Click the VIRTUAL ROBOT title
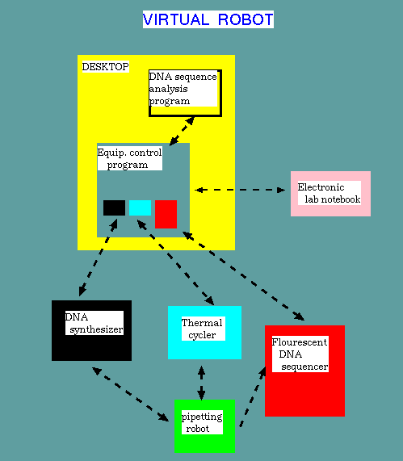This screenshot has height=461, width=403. [x=208, y=19]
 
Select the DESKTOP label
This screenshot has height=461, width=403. [x=106, y=67]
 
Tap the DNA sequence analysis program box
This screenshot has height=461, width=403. [x=185, y=93]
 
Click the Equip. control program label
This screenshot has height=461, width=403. [x=130, y=158]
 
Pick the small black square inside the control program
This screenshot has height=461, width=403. [x=114, y=207]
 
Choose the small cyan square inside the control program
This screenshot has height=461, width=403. [x=140, y=207]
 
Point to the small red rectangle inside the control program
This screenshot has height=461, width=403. [x=166, y=214]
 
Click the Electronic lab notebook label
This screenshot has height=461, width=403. [x=330, y=193]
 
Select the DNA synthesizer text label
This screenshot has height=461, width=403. [x=94, y=323]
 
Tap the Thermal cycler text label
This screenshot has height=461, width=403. [x=204, y=329]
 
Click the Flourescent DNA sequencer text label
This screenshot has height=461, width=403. [x=300, y=354]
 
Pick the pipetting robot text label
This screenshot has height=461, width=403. [x=202, y=422]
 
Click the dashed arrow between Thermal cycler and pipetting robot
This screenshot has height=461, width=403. [x=201, y=383]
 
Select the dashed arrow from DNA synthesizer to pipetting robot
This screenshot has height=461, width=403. [x=130, y=394]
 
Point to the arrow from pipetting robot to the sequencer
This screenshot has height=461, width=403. [x=253, y=396]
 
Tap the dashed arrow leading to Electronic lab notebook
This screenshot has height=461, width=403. [x=240, y=190]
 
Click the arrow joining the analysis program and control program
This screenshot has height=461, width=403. [x=182, y=131]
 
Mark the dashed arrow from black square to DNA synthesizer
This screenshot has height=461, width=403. [x=99, y=258]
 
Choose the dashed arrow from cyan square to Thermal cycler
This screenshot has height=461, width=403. [x=175, y=262]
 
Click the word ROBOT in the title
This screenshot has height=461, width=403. [x=246, y=19]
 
